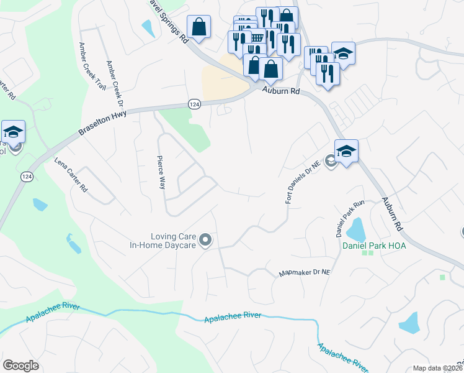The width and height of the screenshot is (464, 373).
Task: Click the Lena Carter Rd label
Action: [x=71, y=175]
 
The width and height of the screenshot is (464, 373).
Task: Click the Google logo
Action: [x=20, y=366]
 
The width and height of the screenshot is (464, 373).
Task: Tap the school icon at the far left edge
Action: [x=13, y=132]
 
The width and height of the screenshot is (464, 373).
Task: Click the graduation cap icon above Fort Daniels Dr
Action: [x=346, y=151]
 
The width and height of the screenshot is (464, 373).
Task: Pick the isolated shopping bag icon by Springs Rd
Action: [x=199, y=28]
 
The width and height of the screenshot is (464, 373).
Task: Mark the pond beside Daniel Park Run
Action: [x=355, y=231]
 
